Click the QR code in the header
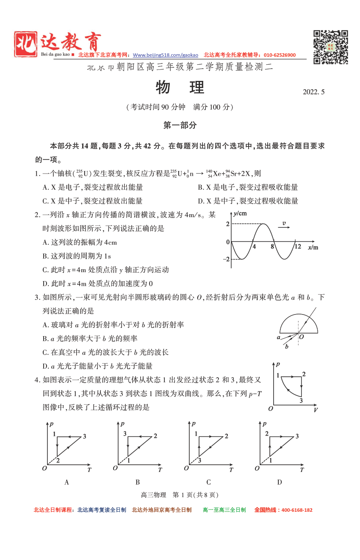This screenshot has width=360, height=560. pyautogui.click(x=330, y=47)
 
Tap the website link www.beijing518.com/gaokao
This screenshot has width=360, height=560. pyautogui.click(x=165, y=55)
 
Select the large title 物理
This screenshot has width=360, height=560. pyautogui.click(x=180, y=88)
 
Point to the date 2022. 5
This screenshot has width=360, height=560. pyautogui.click(x=313, y=92)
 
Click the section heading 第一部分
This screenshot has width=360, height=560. pyautogui.click(x=180, y=125)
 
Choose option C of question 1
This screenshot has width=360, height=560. pyautogui.click(x=93, y=201)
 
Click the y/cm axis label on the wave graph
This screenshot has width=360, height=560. pyautogui.click(x=240, y=213)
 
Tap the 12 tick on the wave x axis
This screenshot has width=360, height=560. pyautogui.click(x=298, y=247)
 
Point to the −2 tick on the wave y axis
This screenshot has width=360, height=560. pyautogui.click(x=226, y=259)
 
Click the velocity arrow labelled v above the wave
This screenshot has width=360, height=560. pyautogui.click(x=284, y=225)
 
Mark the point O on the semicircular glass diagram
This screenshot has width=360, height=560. pyautogui.click(x=301, y=337)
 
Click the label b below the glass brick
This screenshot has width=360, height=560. pyautogui.click(x=287, y=347)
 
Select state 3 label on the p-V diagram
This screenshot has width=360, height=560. pyautogui.click(x=301, y=400)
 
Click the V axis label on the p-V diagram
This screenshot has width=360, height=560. pyautogui.click(x=316, y=410)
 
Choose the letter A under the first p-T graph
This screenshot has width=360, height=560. pyautogui.click(x=66, y=482)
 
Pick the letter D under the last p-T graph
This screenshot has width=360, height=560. pyautogui.click(x=280, y=482)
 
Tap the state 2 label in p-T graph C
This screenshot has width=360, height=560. pyautogui.click(x=227, y=436)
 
